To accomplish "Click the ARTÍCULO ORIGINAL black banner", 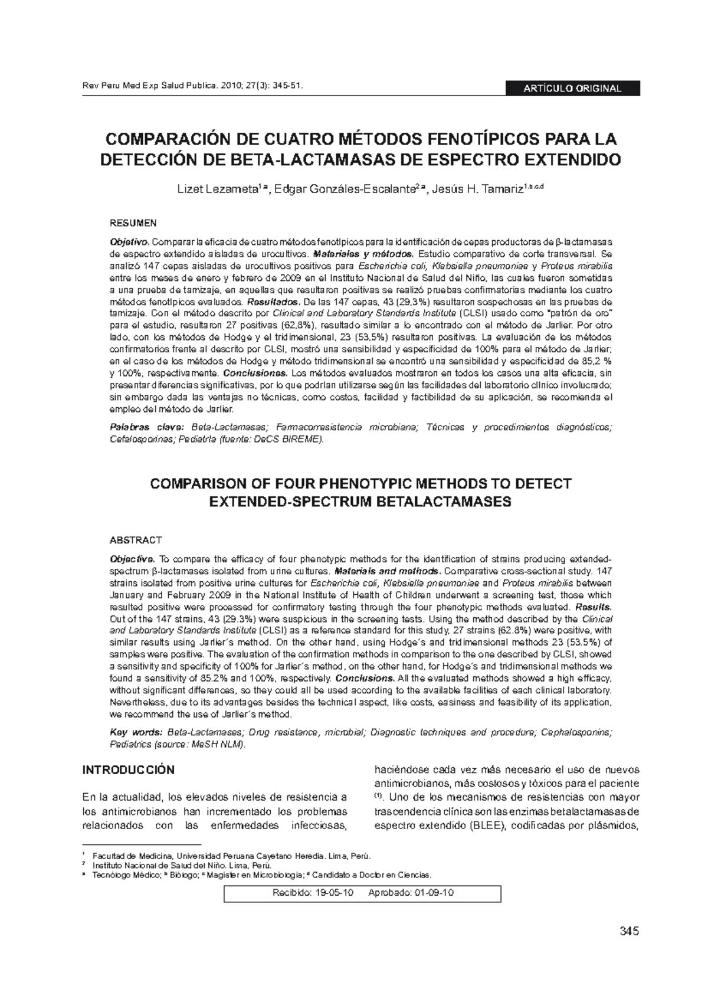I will point(572,89).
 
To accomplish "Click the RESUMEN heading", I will point(134,223).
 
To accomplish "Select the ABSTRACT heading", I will point(136,540).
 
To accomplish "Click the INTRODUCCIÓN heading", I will point(128,770).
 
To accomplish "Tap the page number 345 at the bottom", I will point(629,932).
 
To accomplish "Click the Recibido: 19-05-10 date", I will point(312,893).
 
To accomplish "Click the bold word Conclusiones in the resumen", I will point(255,373).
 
